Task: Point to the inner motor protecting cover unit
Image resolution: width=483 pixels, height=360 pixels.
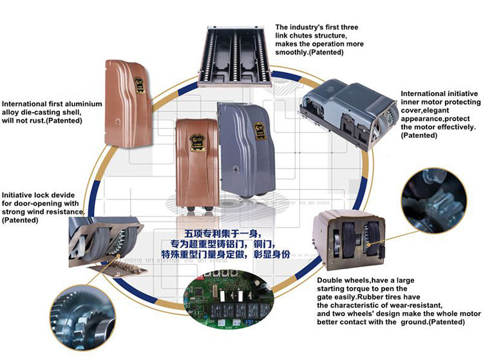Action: [x=348, y=113]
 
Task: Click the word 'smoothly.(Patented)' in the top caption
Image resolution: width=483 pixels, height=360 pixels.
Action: [x=307, y=52]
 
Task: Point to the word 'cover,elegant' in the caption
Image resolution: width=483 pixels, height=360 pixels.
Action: [x=426, y=110]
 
